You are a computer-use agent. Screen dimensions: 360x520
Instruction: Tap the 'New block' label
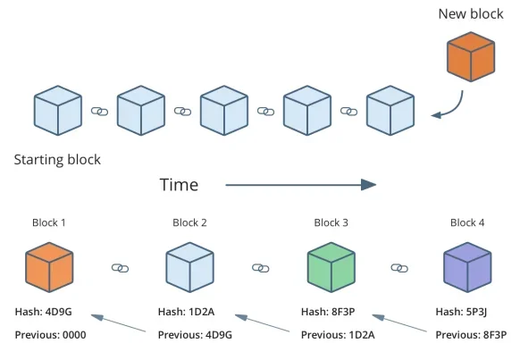tap(470, 14)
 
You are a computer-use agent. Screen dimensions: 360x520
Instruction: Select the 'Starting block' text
tap(57, 160)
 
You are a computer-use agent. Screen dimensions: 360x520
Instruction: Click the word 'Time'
tap(179, 185)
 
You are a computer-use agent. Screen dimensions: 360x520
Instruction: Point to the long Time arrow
tap(299, 185)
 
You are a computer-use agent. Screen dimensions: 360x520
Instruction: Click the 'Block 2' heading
tap(189, 222)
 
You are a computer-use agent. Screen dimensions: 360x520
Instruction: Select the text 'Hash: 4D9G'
tap(45, 312)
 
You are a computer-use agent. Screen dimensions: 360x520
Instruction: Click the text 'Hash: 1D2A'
tap(187, 312)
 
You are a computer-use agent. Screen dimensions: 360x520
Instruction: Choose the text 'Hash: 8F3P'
tap(330, 312)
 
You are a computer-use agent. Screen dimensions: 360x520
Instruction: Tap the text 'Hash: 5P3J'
tap(464, 312)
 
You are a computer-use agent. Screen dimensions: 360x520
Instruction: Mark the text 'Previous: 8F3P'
tap(471, 335)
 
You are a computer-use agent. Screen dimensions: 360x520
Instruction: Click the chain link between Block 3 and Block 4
tap(399, 268)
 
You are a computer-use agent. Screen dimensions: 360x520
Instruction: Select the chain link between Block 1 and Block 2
tap(120, 268)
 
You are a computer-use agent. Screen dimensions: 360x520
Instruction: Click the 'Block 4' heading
tap(467, 222)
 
